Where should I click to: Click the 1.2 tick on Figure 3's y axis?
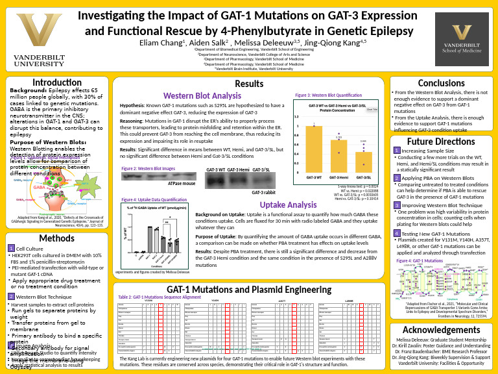point(298,117)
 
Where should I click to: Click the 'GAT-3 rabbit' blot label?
point(265,193)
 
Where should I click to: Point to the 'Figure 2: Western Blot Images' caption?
point(148,169)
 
